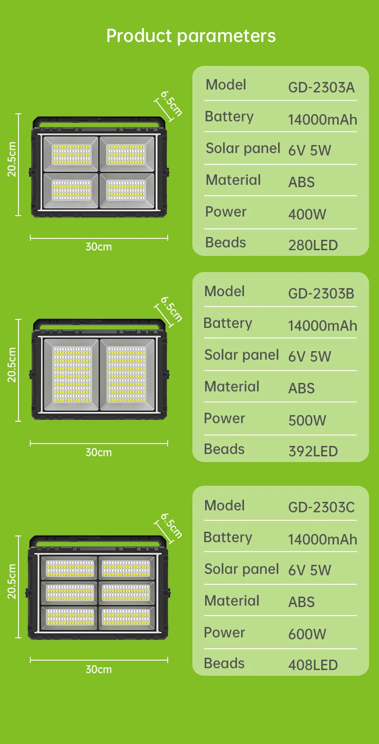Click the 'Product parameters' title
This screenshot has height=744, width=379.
pos(191,36)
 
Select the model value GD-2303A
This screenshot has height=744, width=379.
pos(321,88)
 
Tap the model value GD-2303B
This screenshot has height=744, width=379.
pos(321,294)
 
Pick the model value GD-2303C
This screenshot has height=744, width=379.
pos(321,508)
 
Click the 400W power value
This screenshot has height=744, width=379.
pos(307,214)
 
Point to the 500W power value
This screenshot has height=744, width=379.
pos(307,420)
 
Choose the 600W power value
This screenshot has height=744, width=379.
pos(307,634)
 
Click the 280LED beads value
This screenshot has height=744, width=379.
pos(313,245)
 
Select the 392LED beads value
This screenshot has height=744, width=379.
pos(313,452)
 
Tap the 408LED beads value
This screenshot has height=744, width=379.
pos(313,665)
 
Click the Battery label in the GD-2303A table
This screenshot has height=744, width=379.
pos(229,117)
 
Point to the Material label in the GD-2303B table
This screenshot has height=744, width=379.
pos(232,387)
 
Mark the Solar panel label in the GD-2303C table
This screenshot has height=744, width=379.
pos(242,569)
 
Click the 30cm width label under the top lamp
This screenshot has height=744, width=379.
pos(99,247)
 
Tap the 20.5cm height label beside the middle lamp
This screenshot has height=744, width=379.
pos(12,365)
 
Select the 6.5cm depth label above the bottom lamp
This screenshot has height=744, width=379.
pos(171,526)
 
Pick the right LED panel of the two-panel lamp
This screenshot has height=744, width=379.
pos(126,374)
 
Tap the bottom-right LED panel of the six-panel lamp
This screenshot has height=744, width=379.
pos(126,617)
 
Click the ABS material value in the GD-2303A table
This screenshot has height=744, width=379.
pos(301,182)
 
